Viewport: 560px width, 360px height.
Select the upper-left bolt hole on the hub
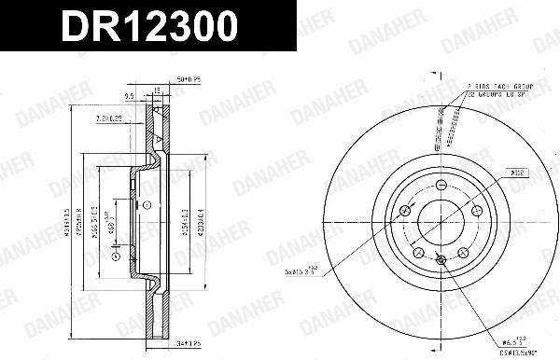pyautogui.click(x=403, y=213)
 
